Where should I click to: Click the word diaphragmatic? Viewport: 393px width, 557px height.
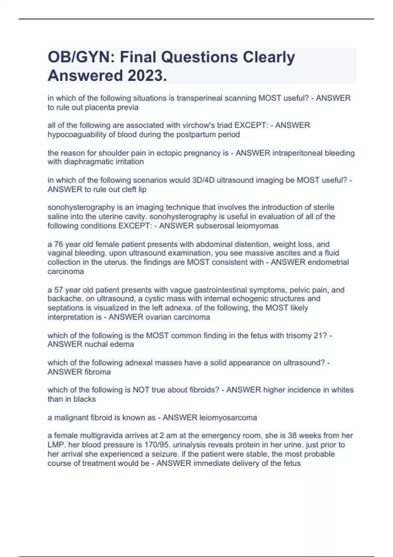pyautogui.click(x=92, y=162)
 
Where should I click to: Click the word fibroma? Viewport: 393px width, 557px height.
pyautogui.click(x=98, y=372)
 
